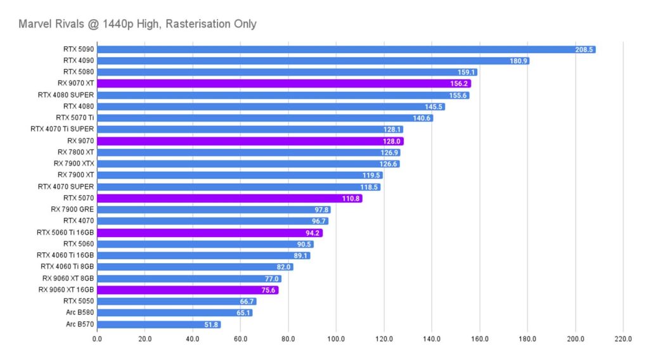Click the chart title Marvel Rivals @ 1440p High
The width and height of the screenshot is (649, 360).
[x=138, y=24]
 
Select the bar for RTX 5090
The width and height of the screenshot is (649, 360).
[x=346, y=49]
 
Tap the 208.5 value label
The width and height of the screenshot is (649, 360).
[x=584, y=49]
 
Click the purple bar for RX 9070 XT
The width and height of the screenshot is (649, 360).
[x=284, y=84]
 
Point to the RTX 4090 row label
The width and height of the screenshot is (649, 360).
[x=78, y=61]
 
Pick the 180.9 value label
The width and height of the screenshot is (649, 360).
[x=517, y=61]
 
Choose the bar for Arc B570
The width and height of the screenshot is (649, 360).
[x=158, y=325]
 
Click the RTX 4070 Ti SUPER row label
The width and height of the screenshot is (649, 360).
[x=62, y=129]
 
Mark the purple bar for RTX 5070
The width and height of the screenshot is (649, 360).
[x=229, y=198]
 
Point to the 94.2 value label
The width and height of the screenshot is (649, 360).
[x=311, y=233]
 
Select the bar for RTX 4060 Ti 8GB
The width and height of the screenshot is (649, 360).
[x=195, y=267]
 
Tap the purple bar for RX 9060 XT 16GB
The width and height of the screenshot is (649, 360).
[x=188, y=290]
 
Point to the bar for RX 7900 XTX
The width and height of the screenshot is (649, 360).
[x=248, y=164]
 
